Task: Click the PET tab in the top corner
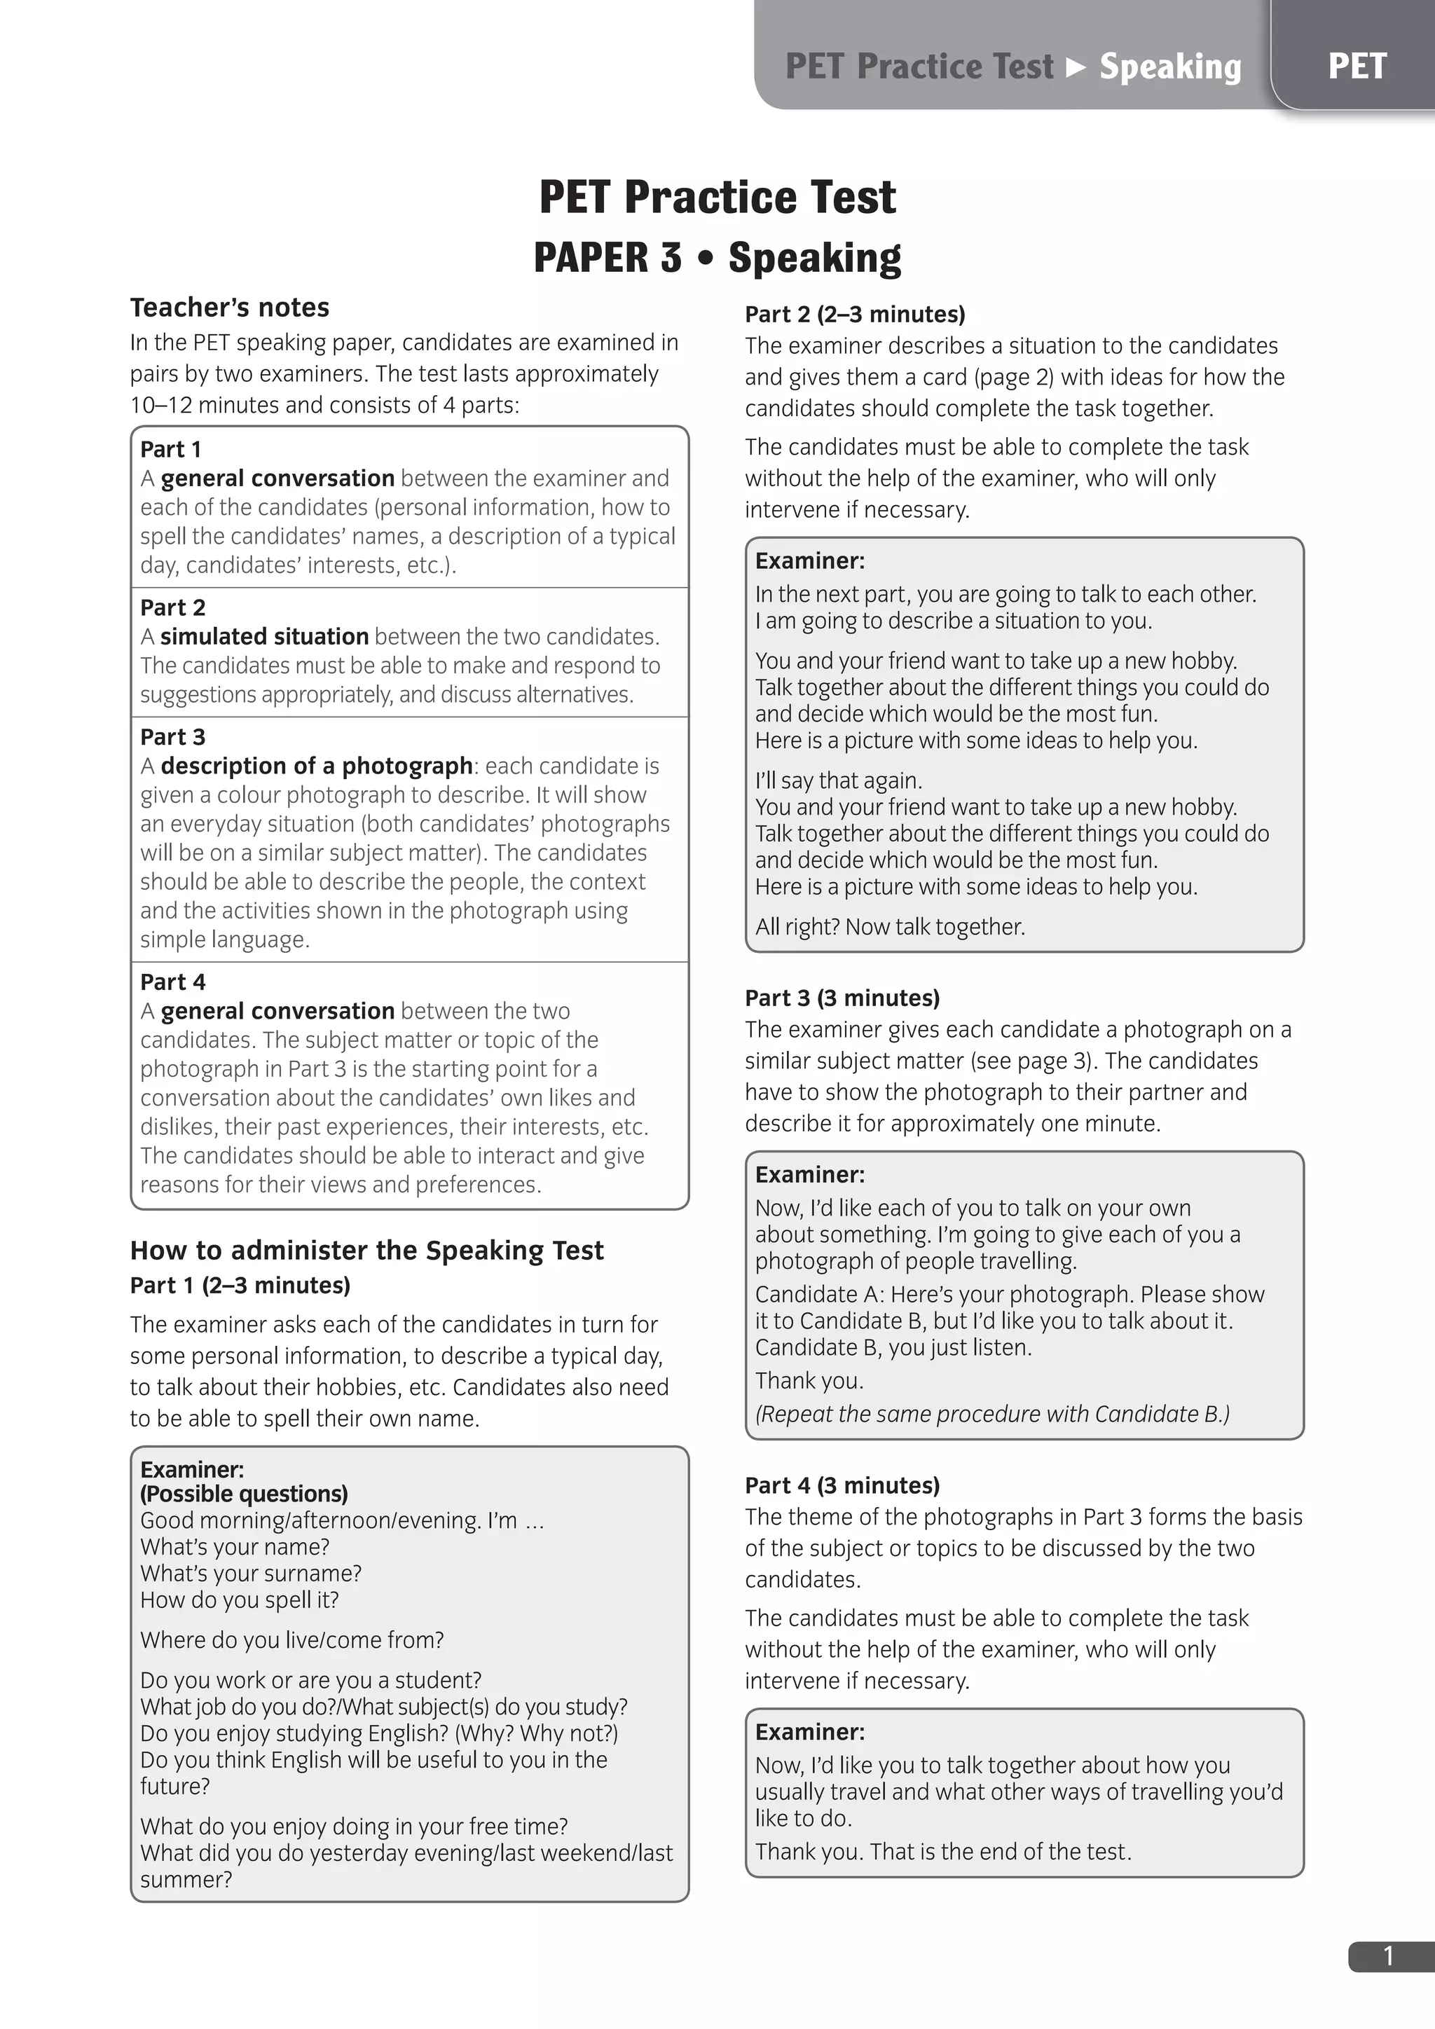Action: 1357,67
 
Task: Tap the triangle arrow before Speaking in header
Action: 1076,67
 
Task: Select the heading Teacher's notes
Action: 230,308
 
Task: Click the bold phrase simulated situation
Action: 264,636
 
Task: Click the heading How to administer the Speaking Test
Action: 366,1251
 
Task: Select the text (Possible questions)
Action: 244,1494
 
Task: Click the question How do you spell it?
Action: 240,1600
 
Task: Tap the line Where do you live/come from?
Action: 291,1639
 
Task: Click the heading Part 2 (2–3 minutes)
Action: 854,314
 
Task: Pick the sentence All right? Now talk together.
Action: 890,926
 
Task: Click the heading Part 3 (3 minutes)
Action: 842,998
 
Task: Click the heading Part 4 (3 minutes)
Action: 842,1485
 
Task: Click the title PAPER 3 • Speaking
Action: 717,258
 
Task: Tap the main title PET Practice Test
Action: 717,196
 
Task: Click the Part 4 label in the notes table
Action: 173,982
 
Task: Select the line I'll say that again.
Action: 839,780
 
